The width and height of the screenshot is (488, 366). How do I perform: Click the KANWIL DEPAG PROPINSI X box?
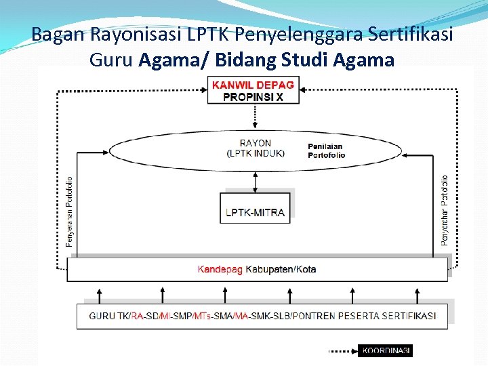click(253, 90)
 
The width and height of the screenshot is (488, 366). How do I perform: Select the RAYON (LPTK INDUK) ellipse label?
click(256, 148)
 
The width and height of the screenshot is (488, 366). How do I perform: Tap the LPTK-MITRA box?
click(255, 212)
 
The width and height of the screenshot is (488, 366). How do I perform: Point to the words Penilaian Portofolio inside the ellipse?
click(326, 150)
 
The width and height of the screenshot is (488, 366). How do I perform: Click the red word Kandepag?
click(220, 270)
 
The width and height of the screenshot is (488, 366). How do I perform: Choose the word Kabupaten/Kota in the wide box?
click(281, 270)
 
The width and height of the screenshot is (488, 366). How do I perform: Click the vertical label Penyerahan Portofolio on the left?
click(70, 211)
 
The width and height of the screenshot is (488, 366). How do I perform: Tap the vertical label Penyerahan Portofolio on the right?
click(445, 210)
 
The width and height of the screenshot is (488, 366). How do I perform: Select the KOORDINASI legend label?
click(386, 351)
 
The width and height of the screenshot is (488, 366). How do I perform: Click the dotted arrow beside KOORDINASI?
click(342, 351)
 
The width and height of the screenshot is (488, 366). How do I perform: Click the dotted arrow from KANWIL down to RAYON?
click(255, 117)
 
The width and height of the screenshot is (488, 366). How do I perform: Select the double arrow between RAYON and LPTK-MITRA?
click(255, 181)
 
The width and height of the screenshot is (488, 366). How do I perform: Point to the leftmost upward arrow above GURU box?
click(100, 295)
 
